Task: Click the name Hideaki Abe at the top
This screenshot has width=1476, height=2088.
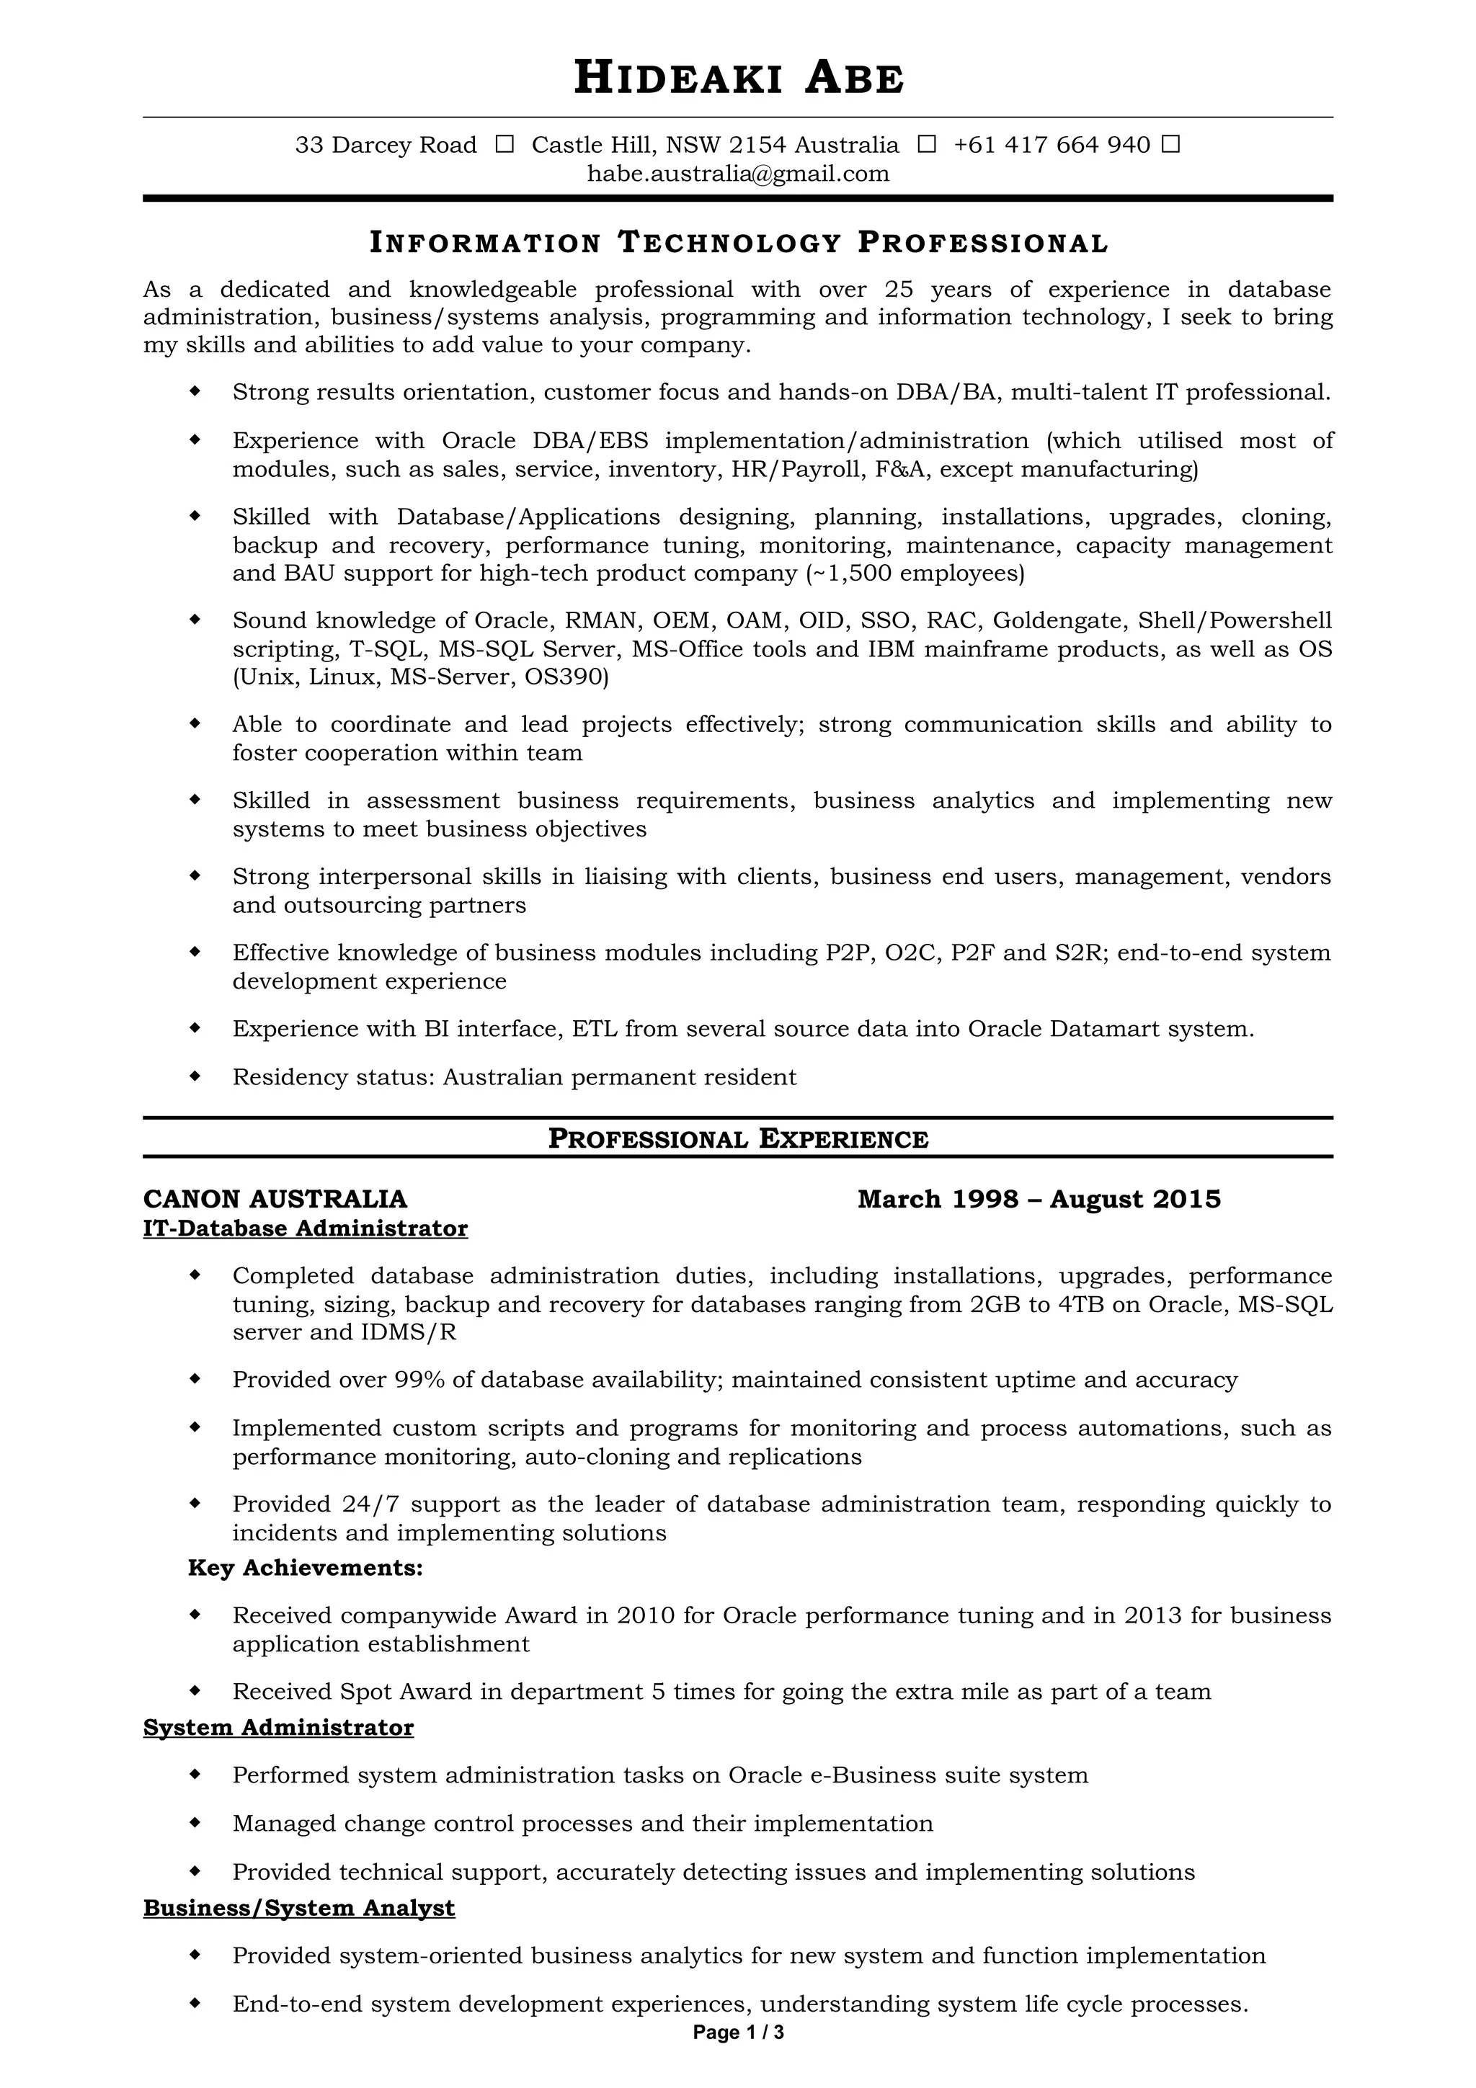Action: coord(739,79)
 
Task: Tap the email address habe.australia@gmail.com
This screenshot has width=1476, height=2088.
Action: coord(737,174)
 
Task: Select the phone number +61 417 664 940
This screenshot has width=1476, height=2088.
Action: coord(1052,145)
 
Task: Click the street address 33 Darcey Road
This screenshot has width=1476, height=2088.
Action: coord(386,145)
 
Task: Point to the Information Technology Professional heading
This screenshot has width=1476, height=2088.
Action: coord(739,243)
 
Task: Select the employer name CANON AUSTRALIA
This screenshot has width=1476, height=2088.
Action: coord(275,1199)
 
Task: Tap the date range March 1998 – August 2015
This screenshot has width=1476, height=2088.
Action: coord(1039,1199)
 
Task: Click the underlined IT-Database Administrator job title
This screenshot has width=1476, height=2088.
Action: coord(305,1228)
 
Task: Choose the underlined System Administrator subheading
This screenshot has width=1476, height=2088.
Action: coord(278,1727)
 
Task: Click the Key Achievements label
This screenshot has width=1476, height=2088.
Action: coord(305,1567)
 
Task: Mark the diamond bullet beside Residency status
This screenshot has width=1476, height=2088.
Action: coord(194,1076)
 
